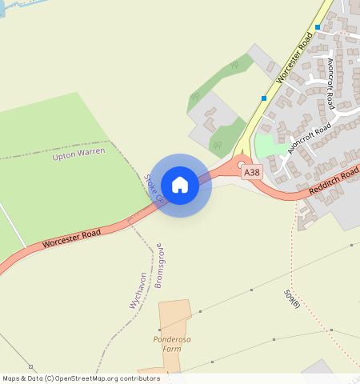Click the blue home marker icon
(180, 185)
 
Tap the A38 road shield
(251, 172)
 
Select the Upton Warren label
(78, 153)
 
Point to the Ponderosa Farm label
(172, 344)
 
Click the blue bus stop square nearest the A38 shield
(264, 98)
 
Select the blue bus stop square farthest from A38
(318, 27)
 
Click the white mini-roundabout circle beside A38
(241, 163)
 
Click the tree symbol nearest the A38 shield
(218, 145)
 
